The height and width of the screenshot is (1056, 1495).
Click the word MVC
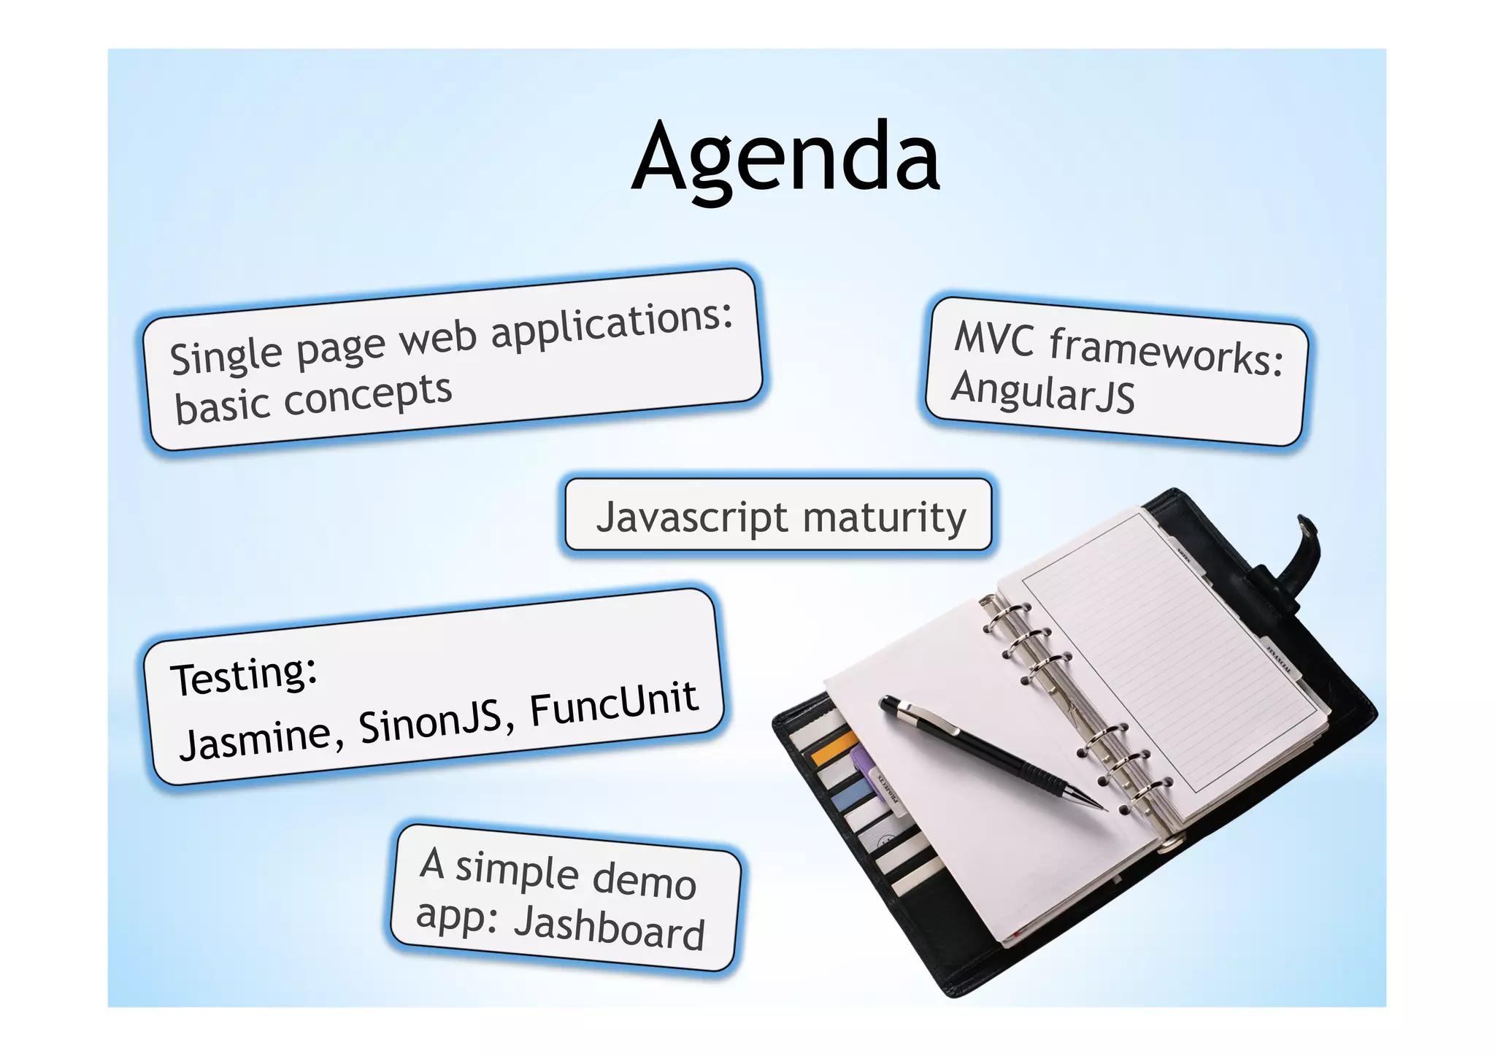[x=994, y=339]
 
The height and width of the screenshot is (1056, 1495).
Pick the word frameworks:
[x=1166, y=352]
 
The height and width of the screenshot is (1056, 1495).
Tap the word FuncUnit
[x=613, y=704]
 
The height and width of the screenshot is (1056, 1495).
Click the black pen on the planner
[x=985, y=752]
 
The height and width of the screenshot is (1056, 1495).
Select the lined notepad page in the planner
[x=1168, y=657]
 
